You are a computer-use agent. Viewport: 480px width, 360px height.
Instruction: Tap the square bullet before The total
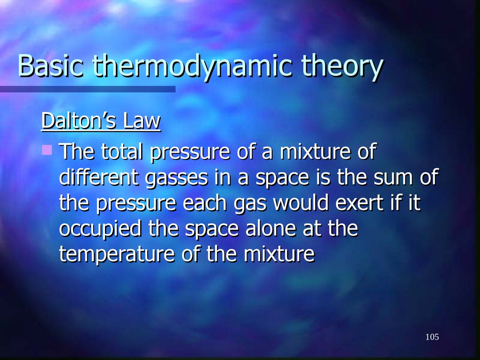pyautogui.click(x=46, y=150)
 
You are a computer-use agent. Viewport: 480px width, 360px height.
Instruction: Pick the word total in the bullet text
pyautogui.click(x=120, y=152)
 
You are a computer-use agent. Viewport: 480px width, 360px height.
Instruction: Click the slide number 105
pyautogui.click(x=432, y=337)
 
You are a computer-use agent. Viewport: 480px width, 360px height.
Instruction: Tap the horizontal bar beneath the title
pyautogui.click(x=88, y=89)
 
